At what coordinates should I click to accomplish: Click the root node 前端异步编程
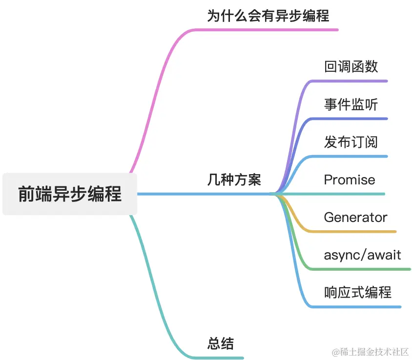(70, 194)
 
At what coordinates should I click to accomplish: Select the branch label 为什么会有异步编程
(268, 16)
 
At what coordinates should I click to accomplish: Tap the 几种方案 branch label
(234, 180)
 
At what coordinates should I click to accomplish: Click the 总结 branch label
(221, 343)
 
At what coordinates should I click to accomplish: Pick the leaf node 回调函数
(351, 66)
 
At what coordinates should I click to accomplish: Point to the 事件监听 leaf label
(351, 104)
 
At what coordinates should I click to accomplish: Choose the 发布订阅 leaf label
(351, 142)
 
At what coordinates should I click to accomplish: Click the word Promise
(350, 180)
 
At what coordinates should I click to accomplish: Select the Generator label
(355, 217)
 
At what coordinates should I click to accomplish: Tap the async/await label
(362, 255)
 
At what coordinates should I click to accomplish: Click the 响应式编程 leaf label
(358, 292)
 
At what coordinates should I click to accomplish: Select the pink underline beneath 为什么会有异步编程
(268, 30)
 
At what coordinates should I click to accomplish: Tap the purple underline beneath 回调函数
(351, 80)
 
